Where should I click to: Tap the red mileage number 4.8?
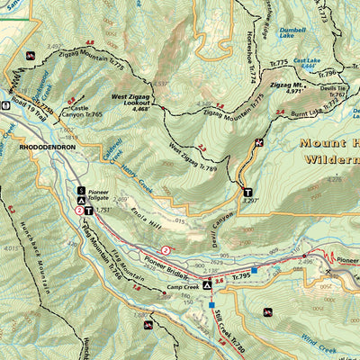pyautogui.click(x=89, y=42)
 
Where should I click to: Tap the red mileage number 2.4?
pyautogui.click(x=281, y=112)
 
